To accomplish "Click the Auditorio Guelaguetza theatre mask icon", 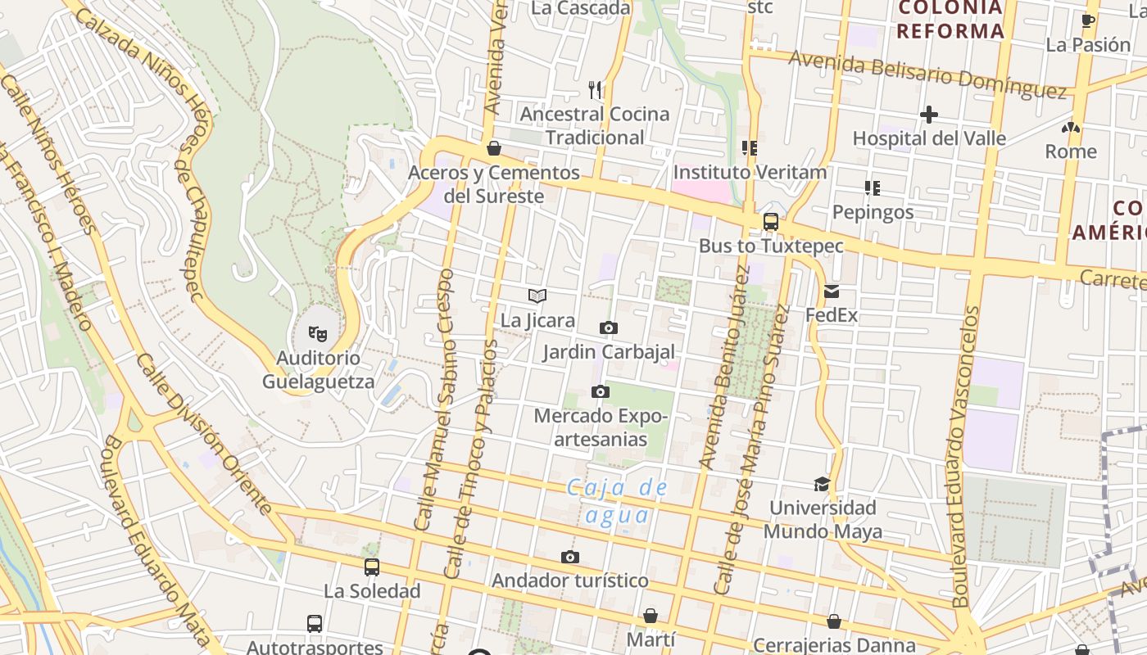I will [x=318, y=333].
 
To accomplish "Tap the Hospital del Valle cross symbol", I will [x=928, y=115].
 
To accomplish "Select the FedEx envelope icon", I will [x=832, y=291].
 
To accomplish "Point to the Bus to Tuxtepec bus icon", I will [x=770, y=221].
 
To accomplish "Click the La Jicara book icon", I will [x=537, y=296].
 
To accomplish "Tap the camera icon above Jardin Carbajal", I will [x=608, y=328].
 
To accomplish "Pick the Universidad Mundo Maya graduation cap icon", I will [x=822, y=484].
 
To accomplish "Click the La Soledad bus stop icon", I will [x=372, y=567].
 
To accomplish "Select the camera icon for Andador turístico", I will [x=570, y=558].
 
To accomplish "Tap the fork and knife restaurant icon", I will [x=596, y=89].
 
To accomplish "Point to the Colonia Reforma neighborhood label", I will [x=950, y=20].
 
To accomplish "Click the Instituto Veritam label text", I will [x=750, y=173].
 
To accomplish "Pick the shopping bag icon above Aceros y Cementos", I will [x=494, y=148].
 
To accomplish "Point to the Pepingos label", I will [x=873, y=212].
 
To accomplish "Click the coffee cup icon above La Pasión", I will [x=1088, y=20].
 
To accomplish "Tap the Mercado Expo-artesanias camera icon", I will [x=601, y=392].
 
